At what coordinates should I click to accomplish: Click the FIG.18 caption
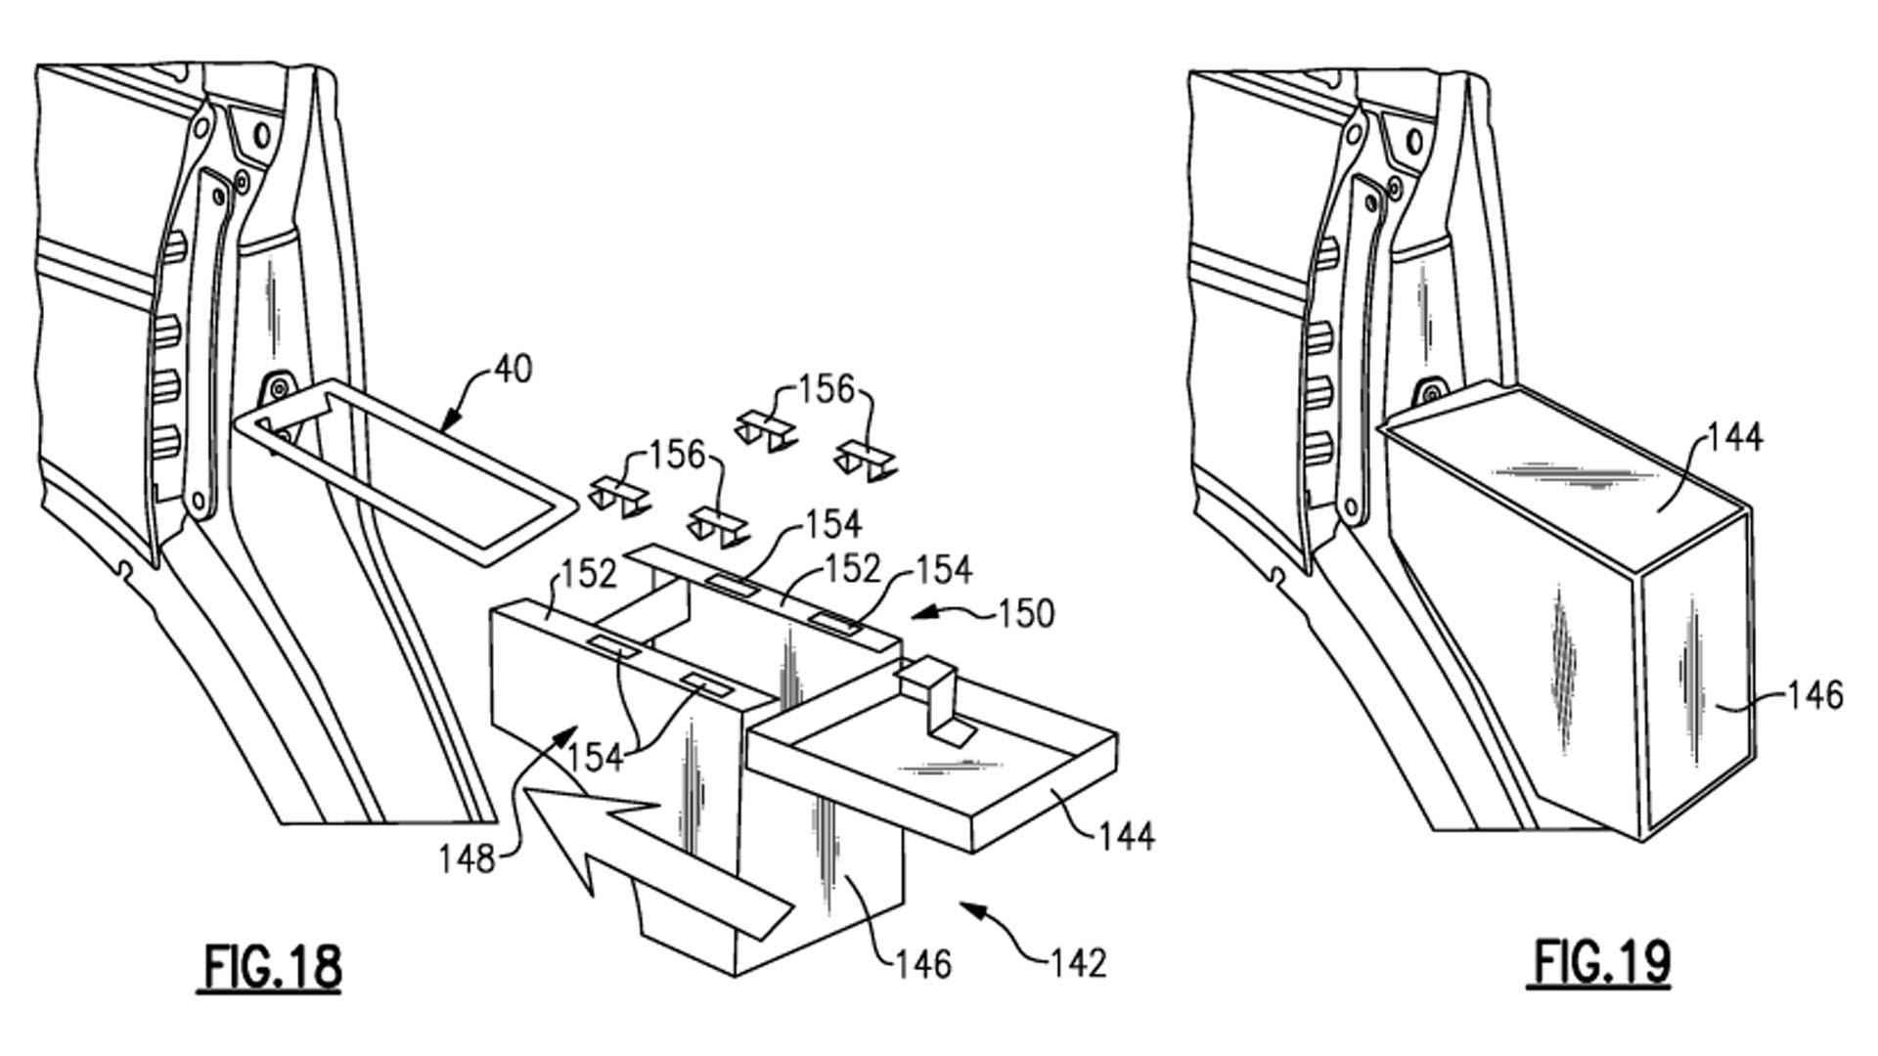[273, 966]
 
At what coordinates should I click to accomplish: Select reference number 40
[513, 371]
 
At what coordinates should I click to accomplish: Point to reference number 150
[1026, 614]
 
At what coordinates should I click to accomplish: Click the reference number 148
[467, 859]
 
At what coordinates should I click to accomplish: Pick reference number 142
[1078, 963]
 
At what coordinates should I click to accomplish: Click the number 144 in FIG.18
[1127, 836]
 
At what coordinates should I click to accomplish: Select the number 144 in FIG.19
[1735, 437]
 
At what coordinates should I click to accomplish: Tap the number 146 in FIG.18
[923, 964]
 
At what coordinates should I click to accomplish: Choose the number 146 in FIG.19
[1815, 695]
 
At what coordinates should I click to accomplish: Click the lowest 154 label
[595, 756]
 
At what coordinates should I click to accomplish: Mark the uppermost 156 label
[827, 389]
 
